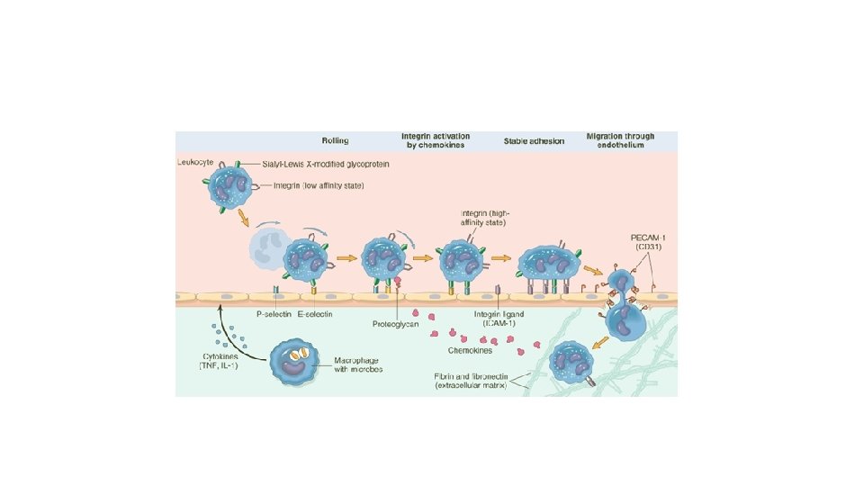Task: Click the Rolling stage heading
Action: coord(336,141)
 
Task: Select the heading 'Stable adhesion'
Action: coord(531,141)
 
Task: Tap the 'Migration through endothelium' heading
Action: coord(620,141)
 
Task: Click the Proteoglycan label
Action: coord(395,324)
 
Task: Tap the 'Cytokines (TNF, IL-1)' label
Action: coord(216,363)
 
